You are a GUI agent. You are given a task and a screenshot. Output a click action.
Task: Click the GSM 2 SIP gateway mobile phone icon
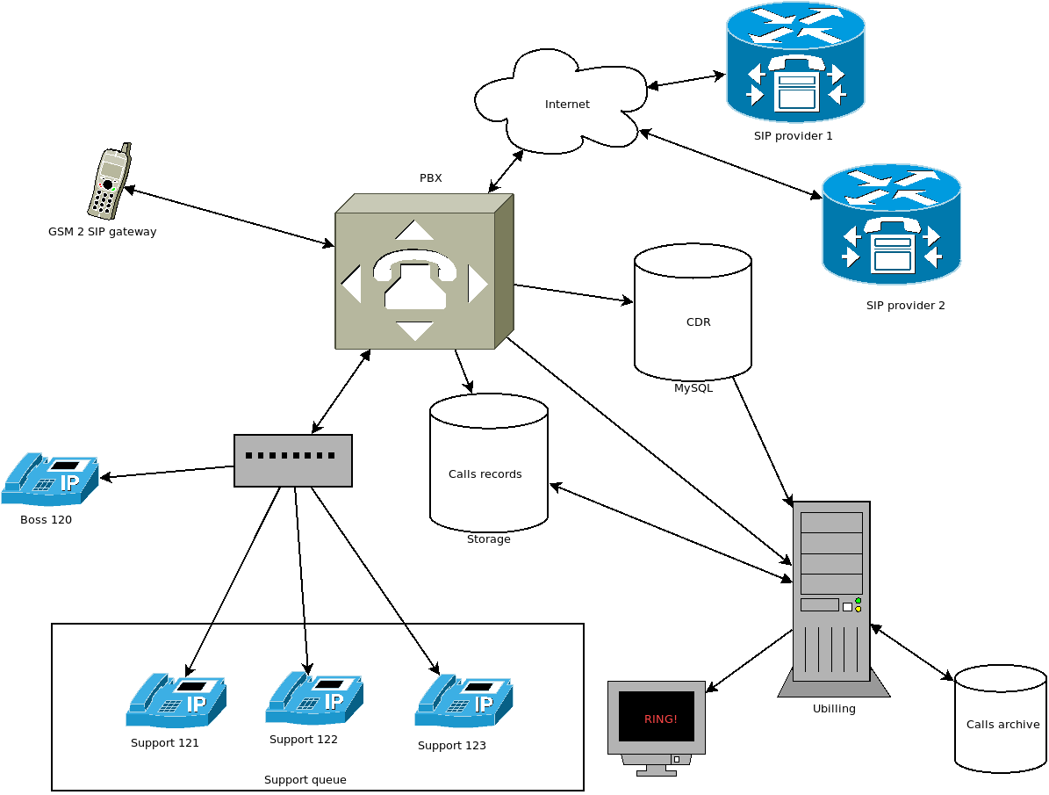coord(109,182)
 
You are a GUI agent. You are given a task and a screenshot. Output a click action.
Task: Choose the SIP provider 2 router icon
coord(891,225)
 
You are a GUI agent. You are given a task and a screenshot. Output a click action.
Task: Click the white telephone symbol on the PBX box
coord(414,279)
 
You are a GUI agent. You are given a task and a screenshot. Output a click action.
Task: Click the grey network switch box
coord(293,460)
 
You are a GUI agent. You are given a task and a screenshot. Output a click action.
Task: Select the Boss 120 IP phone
coord(50,479)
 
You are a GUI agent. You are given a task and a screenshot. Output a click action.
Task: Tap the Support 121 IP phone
coord(176,699)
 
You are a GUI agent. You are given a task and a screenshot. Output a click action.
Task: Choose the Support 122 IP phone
coord(314,697)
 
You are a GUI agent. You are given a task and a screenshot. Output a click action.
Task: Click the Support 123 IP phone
coord(463,700)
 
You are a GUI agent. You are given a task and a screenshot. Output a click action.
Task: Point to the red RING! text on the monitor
coord(660,719)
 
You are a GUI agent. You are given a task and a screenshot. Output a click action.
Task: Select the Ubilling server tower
coord(831,597)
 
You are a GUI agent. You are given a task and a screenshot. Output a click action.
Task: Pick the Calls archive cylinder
coord(1001,719)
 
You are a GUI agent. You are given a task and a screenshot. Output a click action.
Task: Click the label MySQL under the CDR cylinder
coord(693,387)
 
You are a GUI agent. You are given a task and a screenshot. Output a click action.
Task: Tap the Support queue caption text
coord(305,780)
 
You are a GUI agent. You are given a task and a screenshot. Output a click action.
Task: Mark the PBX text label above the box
coord(430,178)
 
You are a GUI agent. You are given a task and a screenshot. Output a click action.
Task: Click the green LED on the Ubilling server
coord(858,601)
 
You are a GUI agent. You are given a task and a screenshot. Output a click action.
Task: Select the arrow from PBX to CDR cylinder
coord(572,293)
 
